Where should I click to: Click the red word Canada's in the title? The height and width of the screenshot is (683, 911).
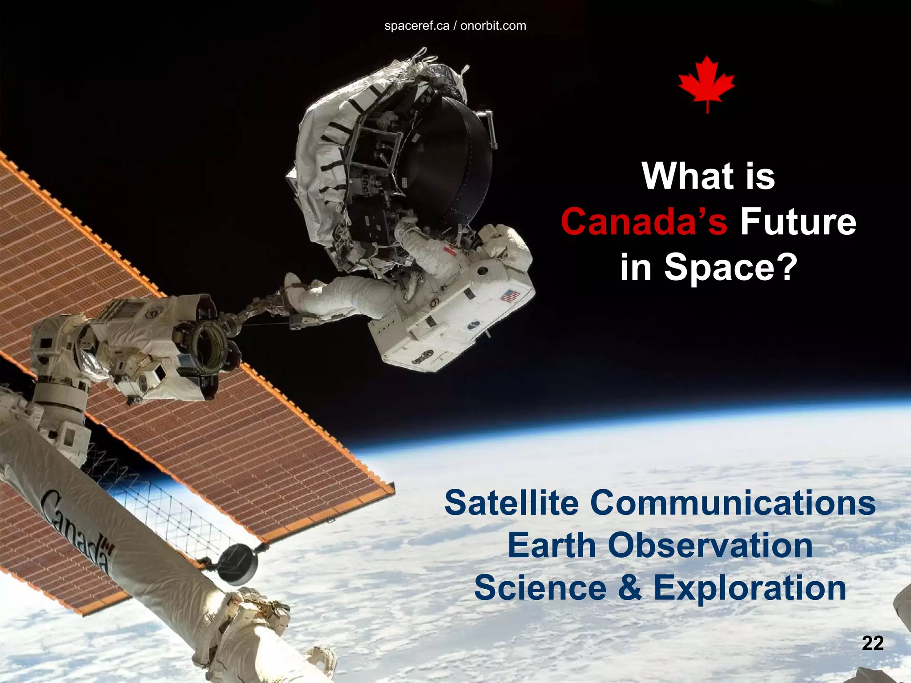[644, 221]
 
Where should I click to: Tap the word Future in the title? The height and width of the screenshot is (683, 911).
[798, 221]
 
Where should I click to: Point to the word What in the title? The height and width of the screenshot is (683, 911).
[688, 176]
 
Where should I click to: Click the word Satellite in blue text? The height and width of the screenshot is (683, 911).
[512, 503]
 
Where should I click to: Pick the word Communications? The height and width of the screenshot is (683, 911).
[733, 503]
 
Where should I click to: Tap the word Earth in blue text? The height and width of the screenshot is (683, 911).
[552, 546]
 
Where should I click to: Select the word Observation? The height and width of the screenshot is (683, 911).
[710, 546]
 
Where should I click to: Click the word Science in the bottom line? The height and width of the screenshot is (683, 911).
[540, 588]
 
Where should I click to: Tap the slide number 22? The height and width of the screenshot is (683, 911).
[873, 643]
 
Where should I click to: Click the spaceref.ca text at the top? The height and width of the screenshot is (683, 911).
[417, 26]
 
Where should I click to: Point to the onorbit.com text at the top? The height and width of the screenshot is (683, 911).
[493, 26]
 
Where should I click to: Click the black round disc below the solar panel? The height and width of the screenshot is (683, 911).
[238, 564]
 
